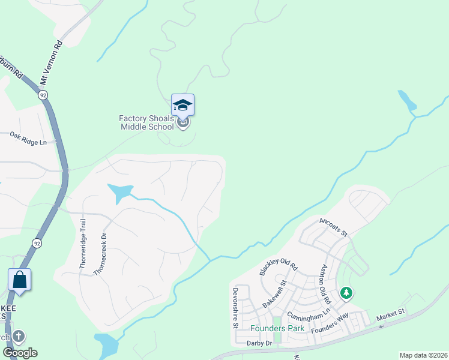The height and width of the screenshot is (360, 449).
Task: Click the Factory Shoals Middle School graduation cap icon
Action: tap(182, 106)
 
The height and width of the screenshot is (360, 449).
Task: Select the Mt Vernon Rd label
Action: tap(51, 63)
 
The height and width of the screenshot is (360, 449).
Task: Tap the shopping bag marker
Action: tap(20, 280)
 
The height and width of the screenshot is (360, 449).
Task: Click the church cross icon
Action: tap(19, 336)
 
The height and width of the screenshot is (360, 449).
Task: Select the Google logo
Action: tap(20, 353)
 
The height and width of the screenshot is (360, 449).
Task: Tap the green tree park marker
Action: tap(346, 293)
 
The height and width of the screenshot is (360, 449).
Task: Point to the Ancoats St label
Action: tap(334, 228)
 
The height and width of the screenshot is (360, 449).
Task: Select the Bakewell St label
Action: tap(276, 293)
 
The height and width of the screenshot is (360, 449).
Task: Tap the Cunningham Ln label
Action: tap(309, 314)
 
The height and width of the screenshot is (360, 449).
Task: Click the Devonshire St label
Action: tap(235, 308)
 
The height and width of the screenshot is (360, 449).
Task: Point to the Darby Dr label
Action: tap(259, 343)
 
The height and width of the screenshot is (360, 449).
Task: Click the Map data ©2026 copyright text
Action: tap(423, 355)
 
